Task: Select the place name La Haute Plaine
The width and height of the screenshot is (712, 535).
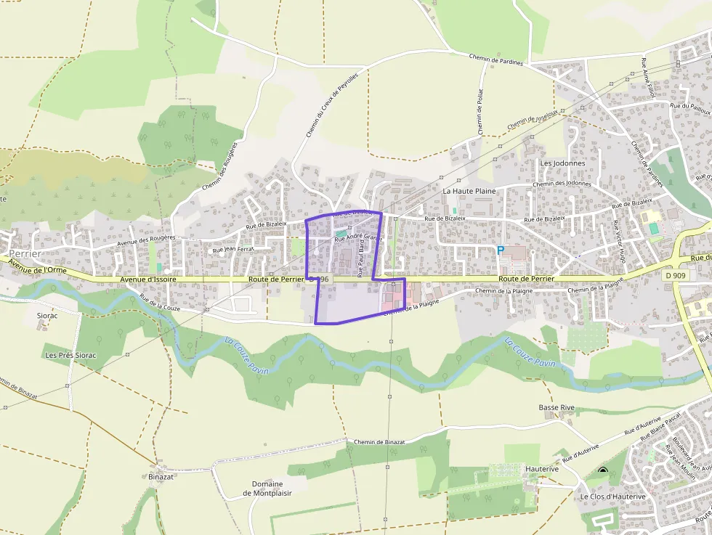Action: tap(469, 191)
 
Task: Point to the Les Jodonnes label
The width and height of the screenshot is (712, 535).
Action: tap(562, 163)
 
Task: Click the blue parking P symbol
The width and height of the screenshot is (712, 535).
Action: tap(501, 249)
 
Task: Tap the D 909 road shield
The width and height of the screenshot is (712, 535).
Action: tap(674, 275)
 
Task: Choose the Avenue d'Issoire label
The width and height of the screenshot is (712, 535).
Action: tap(148, 279)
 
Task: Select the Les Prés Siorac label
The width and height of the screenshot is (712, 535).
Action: tap(70, 355)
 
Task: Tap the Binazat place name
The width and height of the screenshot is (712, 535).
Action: tap(161, 476)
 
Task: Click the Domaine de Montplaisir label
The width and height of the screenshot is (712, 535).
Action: tap(267, 489)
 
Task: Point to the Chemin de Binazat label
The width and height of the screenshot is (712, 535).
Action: tap(379, 441)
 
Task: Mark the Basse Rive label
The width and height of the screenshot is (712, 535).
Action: tap(557, 407)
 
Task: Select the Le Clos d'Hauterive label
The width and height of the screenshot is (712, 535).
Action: tap(612, 497)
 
